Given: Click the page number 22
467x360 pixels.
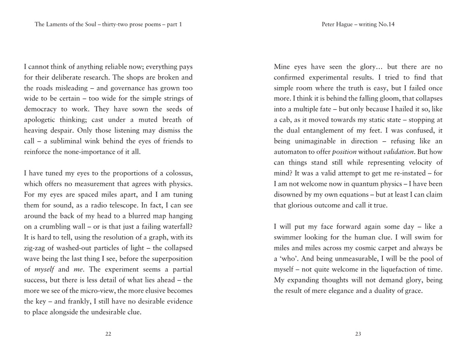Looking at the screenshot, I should [108, 334].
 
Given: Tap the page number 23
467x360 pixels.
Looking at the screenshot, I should [358, 334].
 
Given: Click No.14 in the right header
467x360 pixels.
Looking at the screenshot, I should [386, 24].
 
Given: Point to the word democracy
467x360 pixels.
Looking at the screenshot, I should [42, 109].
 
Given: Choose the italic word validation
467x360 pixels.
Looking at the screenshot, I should [398, 152].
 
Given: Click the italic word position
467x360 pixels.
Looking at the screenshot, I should [344, 152].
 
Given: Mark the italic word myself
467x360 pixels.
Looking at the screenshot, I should [45, 270].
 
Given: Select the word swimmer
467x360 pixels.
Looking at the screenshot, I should [288, 237].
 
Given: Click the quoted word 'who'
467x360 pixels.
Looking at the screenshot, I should [289, 259].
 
